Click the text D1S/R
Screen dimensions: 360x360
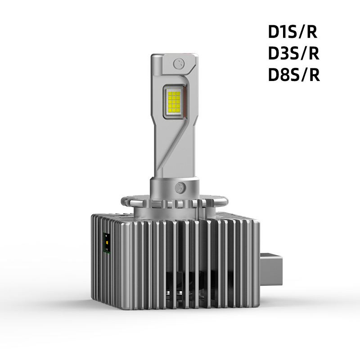[293, 33]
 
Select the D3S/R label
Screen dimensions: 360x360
[293, 54]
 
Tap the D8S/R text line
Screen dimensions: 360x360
[293, 75]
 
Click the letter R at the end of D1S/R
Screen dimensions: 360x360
[314, 33]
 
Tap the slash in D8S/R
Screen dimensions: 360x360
[304, 75]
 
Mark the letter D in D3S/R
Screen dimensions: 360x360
[274, 54]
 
